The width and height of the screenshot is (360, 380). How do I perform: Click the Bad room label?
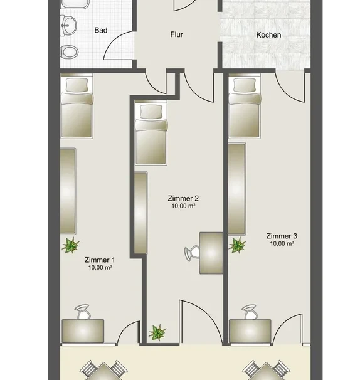click(101, 30)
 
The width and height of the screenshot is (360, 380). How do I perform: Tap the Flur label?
click(176, 34)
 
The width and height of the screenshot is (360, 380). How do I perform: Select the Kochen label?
click(268, 35)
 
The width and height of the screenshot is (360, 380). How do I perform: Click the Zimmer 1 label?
click(100, 260)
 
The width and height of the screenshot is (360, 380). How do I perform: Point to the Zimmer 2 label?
click(183, 198)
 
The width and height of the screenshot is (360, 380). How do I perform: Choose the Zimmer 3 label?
click(282, 236)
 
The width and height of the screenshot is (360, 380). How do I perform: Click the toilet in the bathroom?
click(70, 52)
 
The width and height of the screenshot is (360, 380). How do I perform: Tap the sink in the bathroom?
click(68, 26)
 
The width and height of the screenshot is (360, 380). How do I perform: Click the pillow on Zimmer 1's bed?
click(77, 85)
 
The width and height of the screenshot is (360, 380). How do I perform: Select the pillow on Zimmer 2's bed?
click(151, 112)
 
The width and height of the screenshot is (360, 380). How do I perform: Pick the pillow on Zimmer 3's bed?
click(244, 85)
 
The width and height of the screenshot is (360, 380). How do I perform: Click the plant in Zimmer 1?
click(70, 246)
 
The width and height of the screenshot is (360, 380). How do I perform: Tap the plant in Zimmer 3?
click(237, 245)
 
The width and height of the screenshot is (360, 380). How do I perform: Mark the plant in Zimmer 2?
click(157, 332)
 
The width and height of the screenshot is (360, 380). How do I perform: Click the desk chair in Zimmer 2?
click(192, 253)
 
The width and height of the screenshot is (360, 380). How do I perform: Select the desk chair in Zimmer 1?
click(83, 312)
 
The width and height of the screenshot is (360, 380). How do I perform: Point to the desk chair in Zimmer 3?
click(250, 312)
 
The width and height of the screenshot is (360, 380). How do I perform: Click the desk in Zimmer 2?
click(211, 253)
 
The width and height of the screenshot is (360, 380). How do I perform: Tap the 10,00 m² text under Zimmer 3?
click(282, 243)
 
